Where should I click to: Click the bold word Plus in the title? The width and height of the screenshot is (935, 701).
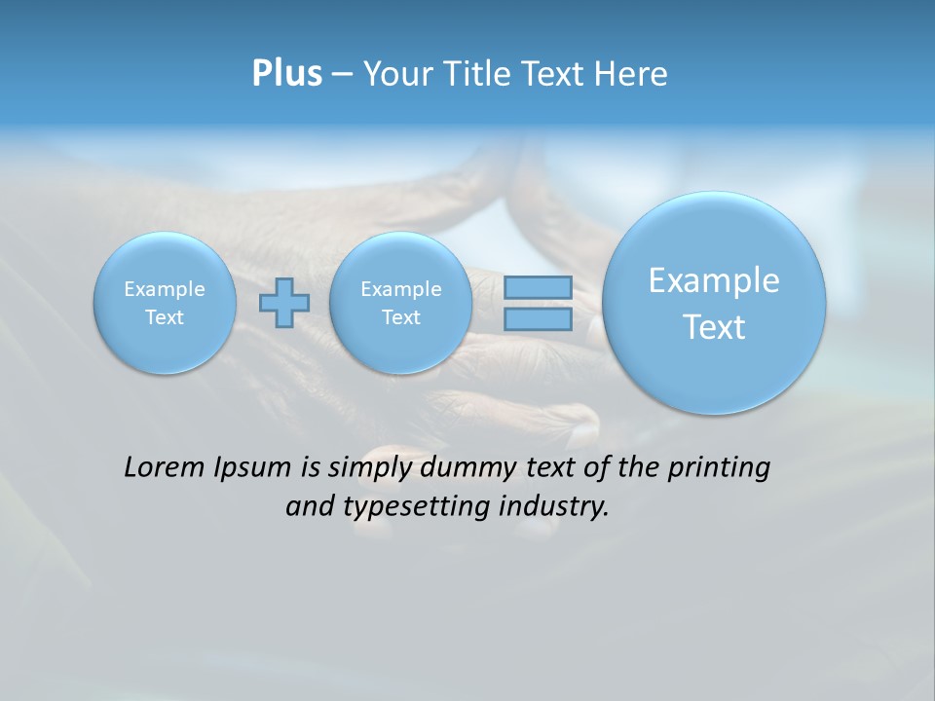click(x=286, y=74)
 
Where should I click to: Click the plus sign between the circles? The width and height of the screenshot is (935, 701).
click(x=284, y=302)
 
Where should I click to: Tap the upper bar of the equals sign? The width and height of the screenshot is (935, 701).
click(x=538, y=287)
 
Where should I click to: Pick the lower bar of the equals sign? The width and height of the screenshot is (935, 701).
click(x=538, y=318)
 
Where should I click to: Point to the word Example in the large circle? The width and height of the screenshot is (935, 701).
click(x=714, y=280)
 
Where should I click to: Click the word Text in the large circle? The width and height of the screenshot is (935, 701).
click(x=714, y=327)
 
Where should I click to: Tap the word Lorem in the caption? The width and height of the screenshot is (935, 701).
click(x=161, y=467)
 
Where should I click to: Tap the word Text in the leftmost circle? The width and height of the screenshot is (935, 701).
click(x=165, y=317)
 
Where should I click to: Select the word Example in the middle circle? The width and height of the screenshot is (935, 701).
click(x=400, y=289)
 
